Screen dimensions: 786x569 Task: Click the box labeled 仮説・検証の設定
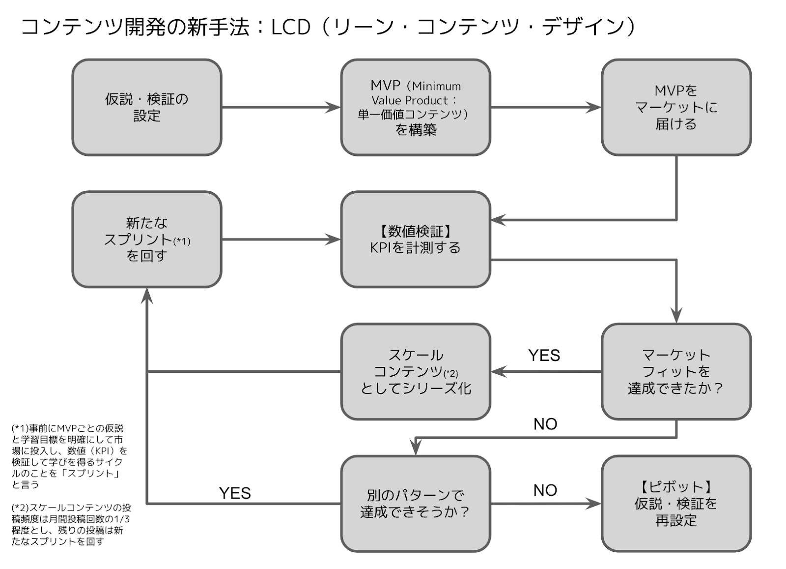147,107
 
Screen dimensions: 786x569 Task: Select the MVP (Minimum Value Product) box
416,107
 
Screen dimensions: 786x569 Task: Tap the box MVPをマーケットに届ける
676,107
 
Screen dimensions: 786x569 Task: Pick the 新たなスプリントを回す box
147,240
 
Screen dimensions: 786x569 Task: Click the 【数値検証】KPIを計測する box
416,240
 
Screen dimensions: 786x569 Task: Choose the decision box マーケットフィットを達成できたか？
676,372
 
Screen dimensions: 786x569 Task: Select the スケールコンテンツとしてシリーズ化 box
416,372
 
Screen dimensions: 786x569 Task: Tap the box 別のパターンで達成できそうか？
416,504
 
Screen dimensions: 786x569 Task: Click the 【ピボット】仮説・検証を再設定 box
676,504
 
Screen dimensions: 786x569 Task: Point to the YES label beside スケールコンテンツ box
544,356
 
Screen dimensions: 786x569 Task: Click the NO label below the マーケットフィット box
545,424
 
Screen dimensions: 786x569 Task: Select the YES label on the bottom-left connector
235,493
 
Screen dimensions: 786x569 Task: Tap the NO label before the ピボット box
545,490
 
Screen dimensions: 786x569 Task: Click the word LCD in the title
291,27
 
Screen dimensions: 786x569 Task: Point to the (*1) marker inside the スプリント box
182,241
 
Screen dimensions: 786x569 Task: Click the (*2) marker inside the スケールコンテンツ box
450,373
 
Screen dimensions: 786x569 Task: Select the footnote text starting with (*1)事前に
69,456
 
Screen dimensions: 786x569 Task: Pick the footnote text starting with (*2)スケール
71,525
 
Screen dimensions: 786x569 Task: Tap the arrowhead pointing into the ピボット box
593,504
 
